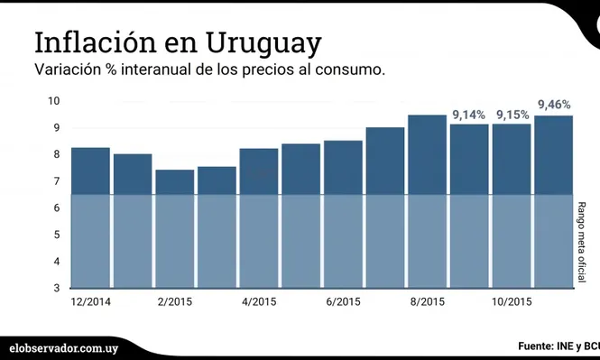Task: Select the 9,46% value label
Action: click(555, 105)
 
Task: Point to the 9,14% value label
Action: click(468, 115)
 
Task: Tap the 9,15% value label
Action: click(512, 115)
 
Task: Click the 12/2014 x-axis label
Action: click(89, 302)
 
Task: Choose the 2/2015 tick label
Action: click(175, 302)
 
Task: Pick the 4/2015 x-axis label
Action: click(259, 302)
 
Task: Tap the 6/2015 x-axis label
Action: click(344, 302)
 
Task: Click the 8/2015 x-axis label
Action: click(428, 302)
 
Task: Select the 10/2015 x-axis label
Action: click(512, 302)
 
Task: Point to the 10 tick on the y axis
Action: click(54, 101)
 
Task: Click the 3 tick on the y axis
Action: click(57, 288)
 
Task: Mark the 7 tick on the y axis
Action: click(57, 181)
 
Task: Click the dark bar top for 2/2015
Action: click(175, 171)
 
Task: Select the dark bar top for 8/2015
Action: click(428, 117)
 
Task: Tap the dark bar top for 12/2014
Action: click(90, 149)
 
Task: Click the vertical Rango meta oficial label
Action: click(583, 241)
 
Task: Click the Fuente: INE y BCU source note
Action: click(558, 346)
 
